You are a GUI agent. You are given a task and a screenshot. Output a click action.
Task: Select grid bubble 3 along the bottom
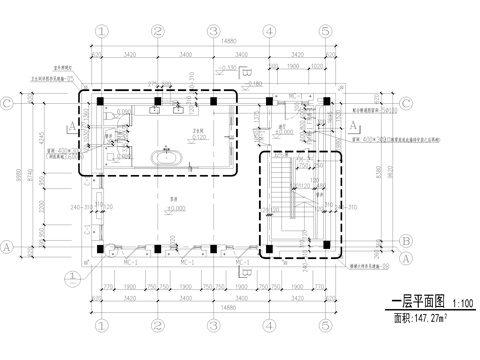pos(214,325)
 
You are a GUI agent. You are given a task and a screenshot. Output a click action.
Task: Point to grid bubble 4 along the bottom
pos(269,325)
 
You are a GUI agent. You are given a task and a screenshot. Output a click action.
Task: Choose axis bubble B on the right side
pos(406,241)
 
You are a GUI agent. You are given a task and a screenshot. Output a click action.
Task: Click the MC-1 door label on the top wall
pos(295,93)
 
